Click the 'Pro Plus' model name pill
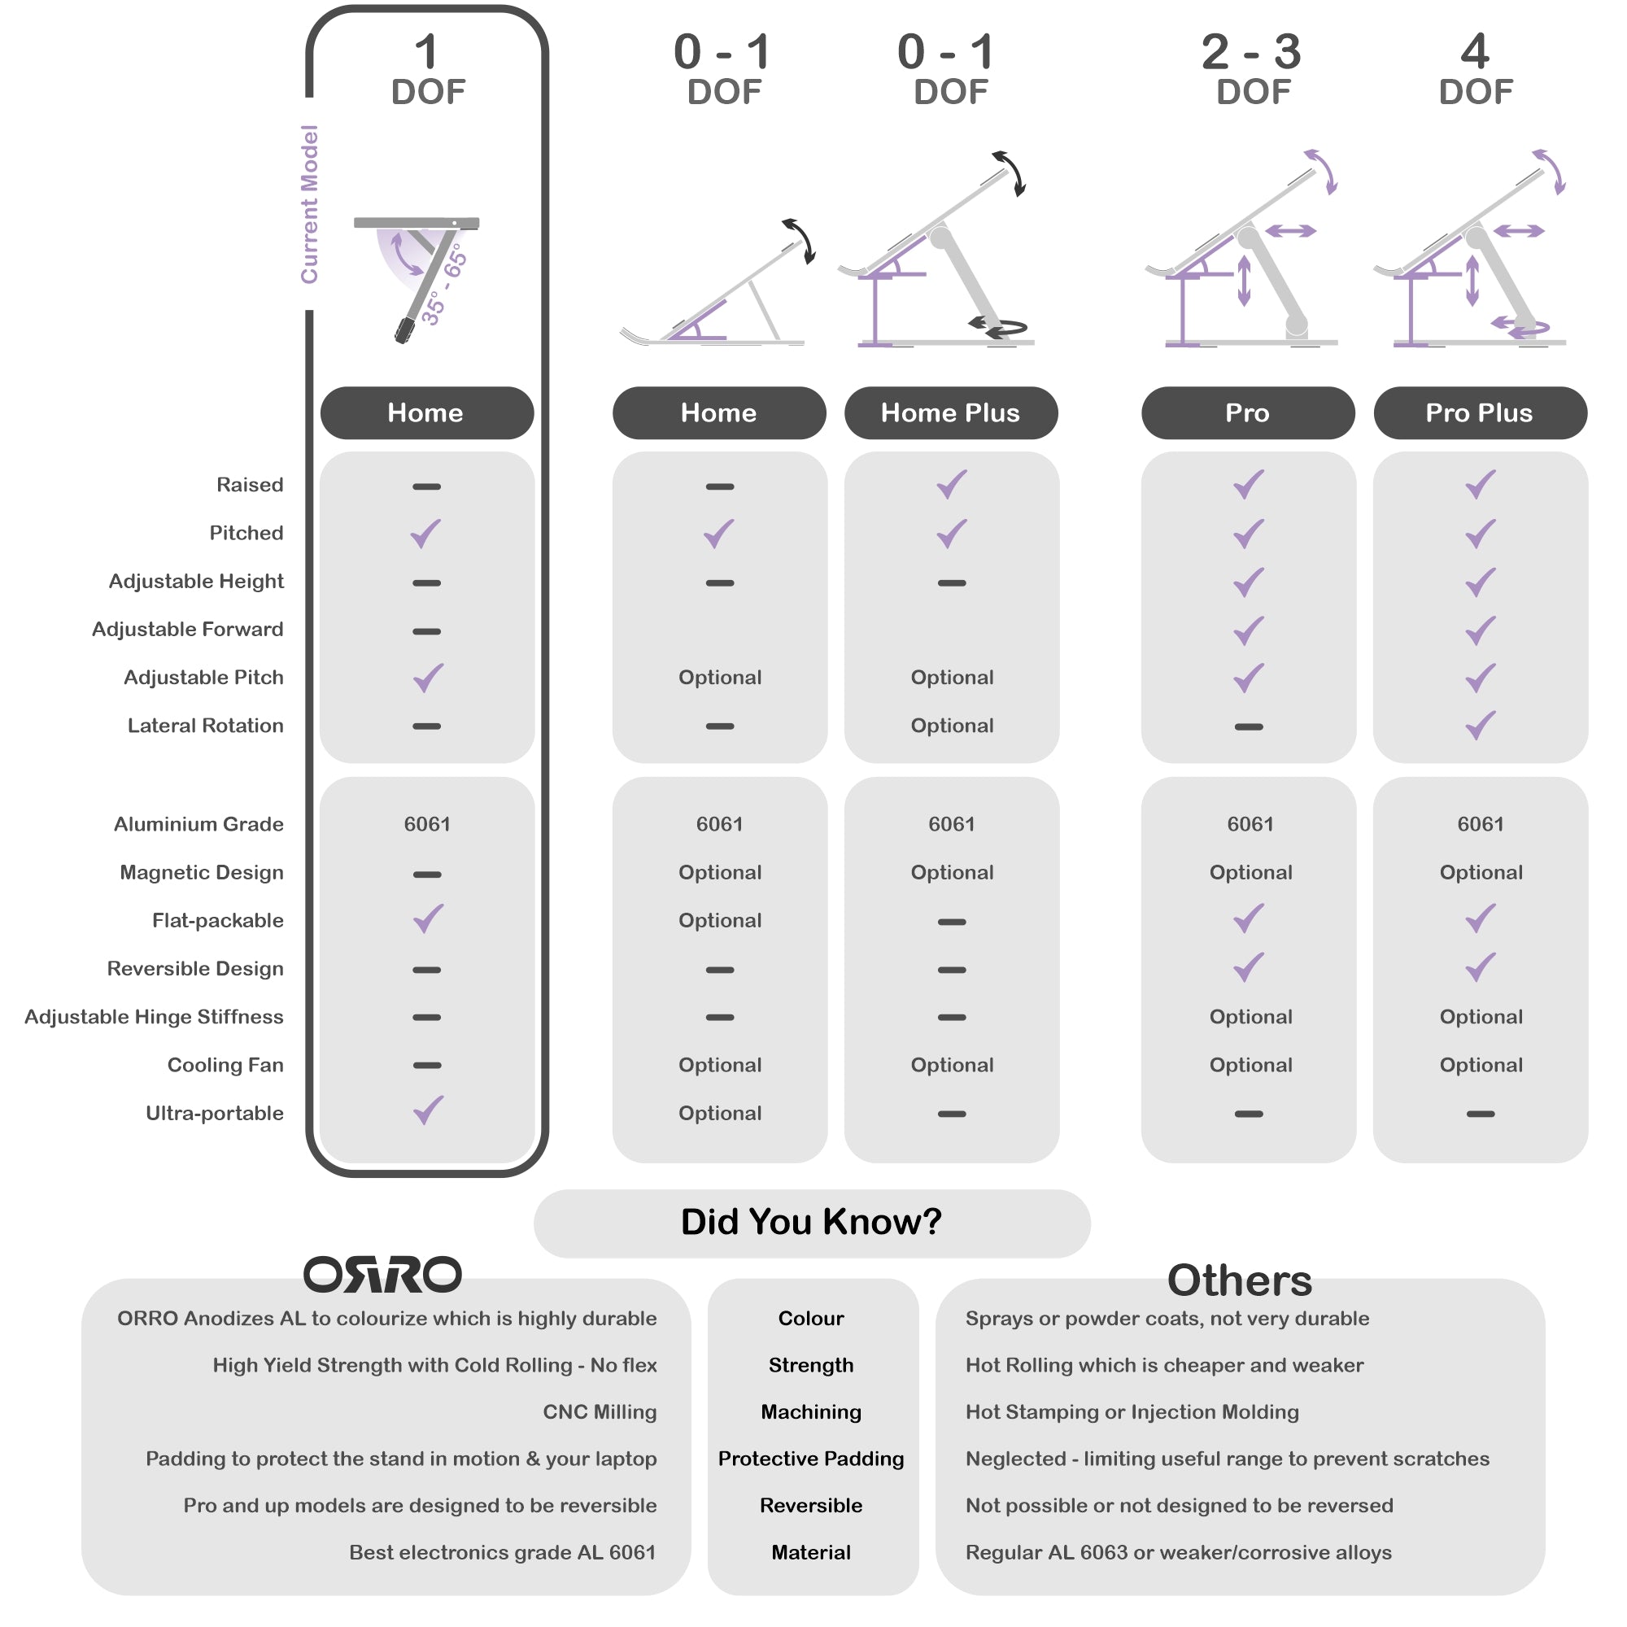pyautogui.click(x=1480, y=412)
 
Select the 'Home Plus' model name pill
pyautogui.click(x=951, y=412)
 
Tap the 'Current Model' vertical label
pyautogui.click(x=310, y=204)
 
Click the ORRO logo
pyautogui.click(x=382, y=1274)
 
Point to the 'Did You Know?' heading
pyautogui.click(x=811, y=1222)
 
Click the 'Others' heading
pyautogui.click(x=1240, y=1281)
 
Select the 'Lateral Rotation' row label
pyautogui.click(x=206, y=726)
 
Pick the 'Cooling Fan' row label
pyautogui.click(x=225, y=1066)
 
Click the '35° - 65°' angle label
pyautogui.click(x=444, y=285)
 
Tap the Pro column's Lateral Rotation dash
pyautogui.click(x=1249, y=726)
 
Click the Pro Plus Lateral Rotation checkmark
pyautogui.click(x=1481, y=725)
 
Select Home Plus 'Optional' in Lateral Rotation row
pyautogui.click(x=952, y=726)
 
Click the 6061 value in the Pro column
pyautogui.click(x=1250, y=824)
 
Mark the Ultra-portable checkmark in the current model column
pyautogui.click(x=428, y=1110)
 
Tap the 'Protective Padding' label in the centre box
pyautogui.click(x=811, y=1459)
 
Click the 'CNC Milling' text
pyautogui.click(x=600, y=1412)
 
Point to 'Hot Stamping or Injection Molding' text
pyautogui.click(x=1132, y=1412)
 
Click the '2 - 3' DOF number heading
pyautogui.click(x=1251, y=52)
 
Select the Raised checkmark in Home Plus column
pyautogui.click(x=952, y=484)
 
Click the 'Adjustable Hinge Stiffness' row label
pyautogui.click(x=154, y=1018)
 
